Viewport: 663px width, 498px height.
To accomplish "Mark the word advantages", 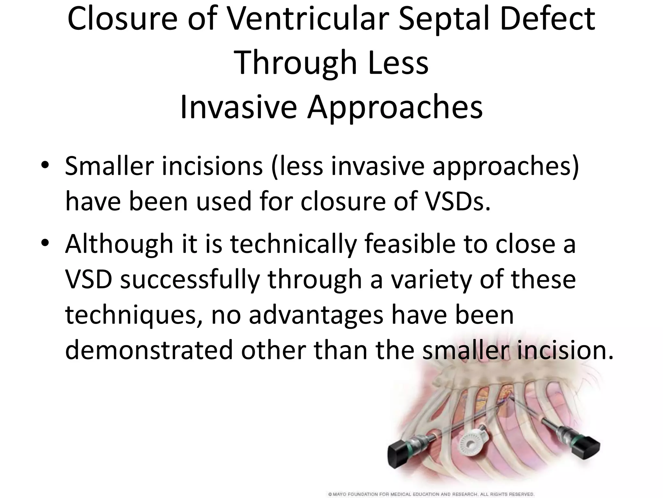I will coord(316,315).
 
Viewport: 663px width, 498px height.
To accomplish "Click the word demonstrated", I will coord(149,350).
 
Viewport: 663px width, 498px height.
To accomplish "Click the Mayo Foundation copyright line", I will coord(431,494).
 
